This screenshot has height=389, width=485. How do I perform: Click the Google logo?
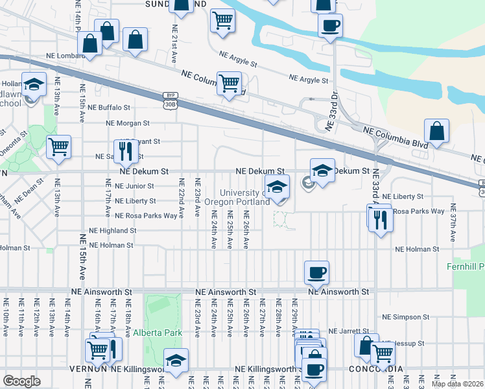(x=21, y=381)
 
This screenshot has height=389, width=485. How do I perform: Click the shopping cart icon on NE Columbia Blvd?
(x=229, y=83)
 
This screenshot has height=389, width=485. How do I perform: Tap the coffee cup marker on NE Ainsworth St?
(x=316, y=272)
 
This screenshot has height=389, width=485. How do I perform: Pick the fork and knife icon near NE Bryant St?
(x=126, y=151)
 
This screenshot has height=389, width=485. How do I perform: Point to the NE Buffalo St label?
(x=109, y=107)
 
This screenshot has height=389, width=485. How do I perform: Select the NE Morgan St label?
(x=128, y=123)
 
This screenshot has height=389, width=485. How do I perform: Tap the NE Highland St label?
(x=112, y=230)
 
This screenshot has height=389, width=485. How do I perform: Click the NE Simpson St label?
(x=403, y=317)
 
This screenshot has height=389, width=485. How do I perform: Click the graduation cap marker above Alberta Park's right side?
(x=176, y=360)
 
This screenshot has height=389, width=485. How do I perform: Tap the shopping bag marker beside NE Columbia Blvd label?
(x=438, y=130)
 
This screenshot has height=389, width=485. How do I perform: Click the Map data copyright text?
(x=456, y=384)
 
